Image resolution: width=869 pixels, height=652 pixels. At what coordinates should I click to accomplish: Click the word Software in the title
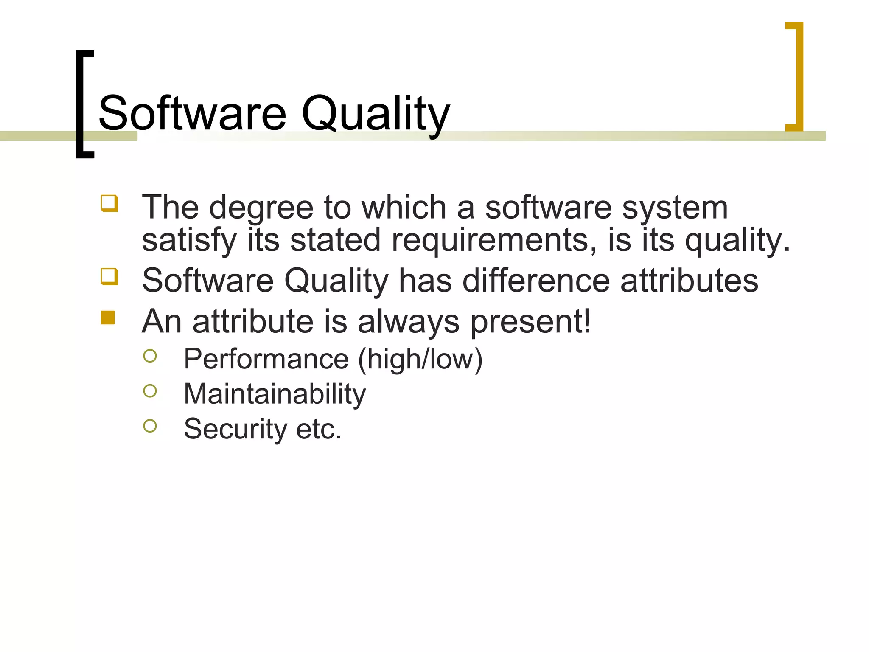pos(192,113)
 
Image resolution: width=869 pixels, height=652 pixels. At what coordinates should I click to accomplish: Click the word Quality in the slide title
pos(375,113)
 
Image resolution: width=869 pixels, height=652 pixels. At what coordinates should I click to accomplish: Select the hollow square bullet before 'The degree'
pos(109,203)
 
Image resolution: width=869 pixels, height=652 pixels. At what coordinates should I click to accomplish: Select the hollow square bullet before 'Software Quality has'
pos(109,277)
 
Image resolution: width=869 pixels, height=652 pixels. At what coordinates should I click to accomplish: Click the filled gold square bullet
pos(108,318)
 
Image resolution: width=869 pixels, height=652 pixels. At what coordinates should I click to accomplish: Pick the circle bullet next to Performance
pos(150,356)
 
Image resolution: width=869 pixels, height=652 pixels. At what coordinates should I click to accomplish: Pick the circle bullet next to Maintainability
pos(150,391)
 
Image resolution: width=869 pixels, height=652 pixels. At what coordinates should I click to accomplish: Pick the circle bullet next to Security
pos(150,426)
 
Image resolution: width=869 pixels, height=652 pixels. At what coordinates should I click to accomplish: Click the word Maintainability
pos(275,394)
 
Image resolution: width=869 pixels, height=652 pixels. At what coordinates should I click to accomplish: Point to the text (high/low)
pos(420,359)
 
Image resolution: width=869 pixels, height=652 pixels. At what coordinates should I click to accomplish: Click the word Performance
pos(266,359)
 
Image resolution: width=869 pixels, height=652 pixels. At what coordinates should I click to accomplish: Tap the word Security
pos(235,429)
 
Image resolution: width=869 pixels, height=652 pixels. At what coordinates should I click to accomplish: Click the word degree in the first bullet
pos(261,208)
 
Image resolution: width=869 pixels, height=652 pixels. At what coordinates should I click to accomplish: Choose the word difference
pos(536,281)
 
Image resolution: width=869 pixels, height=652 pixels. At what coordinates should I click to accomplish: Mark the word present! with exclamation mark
pos(530,322)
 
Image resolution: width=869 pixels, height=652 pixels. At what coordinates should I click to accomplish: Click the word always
pos(408,322)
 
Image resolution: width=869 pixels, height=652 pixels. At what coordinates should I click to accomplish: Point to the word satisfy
pos(189,240)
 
